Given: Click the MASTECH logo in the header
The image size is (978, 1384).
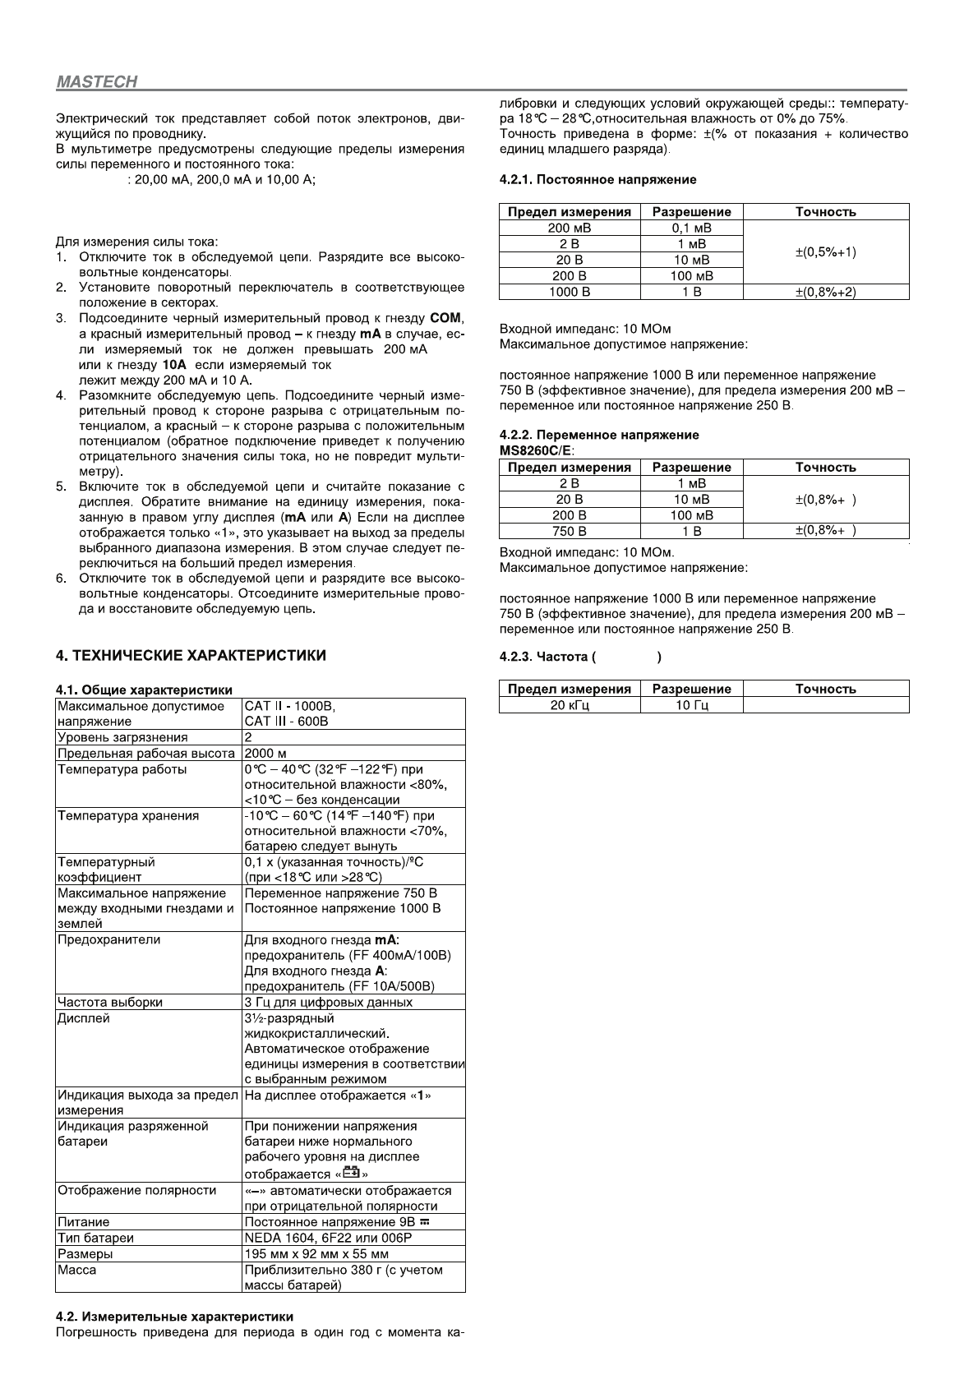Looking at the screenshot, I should pos(96,82).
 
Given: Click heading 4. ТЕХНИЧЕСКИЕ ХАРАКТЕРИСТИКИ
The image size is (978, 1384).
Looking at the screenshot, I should pos(191,655).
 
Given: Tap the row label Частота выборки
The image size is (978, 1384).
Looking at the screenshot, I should pos(110,1002).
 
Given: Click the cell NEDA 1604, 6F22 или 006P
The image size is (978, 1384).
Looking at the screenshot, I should pos(328,1238).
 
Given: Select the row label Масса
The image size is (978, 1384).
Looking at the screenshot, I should pos(77,1270).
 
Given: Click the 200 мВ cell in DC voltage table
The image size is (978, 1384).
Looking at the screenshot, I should pos(569,228).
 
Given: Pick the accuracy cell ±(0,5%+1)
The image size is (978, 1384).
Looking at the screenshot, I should pos(825,251).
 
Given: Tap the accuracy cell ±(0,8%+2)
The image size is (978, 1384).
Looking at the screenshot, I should pos(825,292).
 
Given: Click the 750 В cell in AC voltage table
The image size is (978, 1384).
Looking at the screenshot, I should pos(569,531).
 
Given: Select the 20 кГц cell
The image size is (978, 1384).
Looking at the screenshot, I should pos(569,704).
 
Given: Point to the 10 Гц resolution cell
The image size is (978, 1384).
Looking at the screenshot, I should pos(691,704).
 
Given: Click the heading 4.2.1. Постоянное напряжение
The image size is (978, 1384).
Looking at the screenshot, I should pos(597,179).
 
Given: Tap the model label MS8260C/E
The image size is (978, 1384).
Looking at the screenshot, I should pos(537,450).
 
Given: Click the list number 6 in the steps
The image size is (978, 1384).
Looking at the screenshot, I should pos(61,578).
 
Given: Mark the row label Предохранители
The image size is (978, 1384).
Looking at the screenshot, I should pos(109,939).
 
